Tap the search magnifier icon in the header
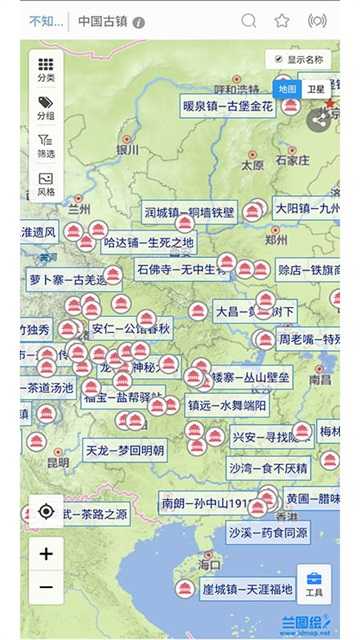pos(249,20)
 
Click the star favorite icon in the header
pos(282,20)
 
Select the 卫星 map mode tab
pos(317,89)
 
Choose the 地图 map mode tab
pos(288,89)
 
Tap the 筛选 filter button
pos(46,146)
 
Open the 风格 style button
pos(46,184)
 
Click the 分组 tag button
pos(46,108)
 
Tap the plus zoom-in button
pos(46,551)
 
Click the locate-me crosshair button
pos(46,511)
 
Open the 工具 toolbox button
pos(314,583)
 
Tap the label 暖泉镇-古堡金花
pos(226,106)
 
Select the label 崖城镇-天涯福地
pos(245,589)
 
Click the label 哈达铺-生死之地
pos(148,242)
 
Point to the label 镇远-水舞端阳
pos(227,405)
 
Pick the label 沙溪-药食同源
pos(267,533)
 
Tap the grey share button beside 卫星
pos(318,120)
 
